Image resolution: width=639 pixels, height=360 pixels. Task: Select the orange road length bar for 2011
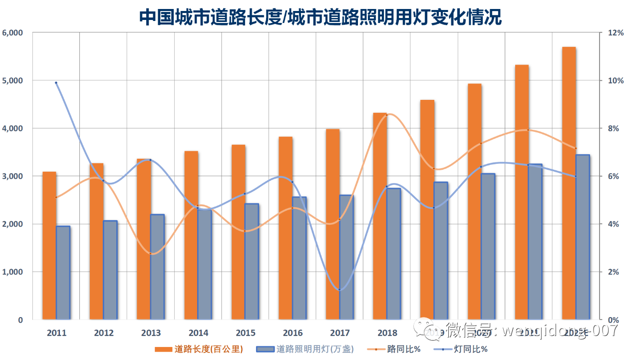(49, 245)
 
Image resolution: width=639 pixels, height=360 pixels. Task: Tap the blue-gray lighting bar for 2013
(157, 267)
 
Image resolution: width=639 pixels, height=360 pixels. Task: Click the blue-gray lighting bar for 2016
(299, 258)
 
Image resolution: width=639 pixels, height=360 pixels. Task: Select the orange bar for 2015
(238, 232)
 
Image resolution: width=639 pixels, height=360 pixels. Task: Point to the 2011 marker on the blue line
(56, 83)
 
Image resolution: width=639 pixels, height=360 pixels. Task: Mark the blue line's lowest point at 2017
(339, 290)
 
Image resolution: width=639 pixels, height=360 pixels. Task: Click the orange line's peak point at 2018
(386, 115)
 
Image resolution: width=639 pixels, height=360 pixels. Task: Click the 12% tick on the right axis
(616, 33)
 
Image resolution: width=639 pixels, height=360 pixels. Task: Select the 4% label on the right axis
(613, 224)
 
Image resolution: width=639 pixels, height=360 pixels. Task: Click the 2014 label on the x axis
(198, 333)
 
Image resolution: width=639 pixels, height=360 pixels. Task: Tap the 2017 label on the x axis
(340, 333)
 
